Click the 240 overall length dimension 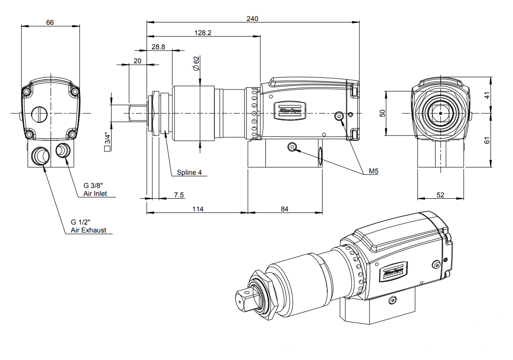click(x=252, y=19)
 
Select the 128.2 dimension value click(x=203, y=33)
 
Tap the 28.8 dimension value click(x=158, y=47)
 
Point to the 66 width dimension click(x=50, y=22)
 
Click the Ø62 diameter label click(x=196, y=63)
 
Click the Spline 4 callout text click(x=189, y=172)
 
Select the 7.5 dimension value click(x=179, y=195)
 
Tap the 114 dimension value click(x=197, y=209)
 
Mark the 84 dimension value click(x=285, y=209)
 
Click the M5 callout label click(x=373, y=172)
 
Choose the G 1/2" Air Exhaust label click(x=88, y=226)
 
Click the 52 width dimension click(x=440, y=195)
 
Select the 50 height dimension click(x=382, y=113)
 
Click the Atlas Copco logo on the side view click(x=289, y=111)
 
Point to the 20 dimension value click(x=137, y=61)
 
